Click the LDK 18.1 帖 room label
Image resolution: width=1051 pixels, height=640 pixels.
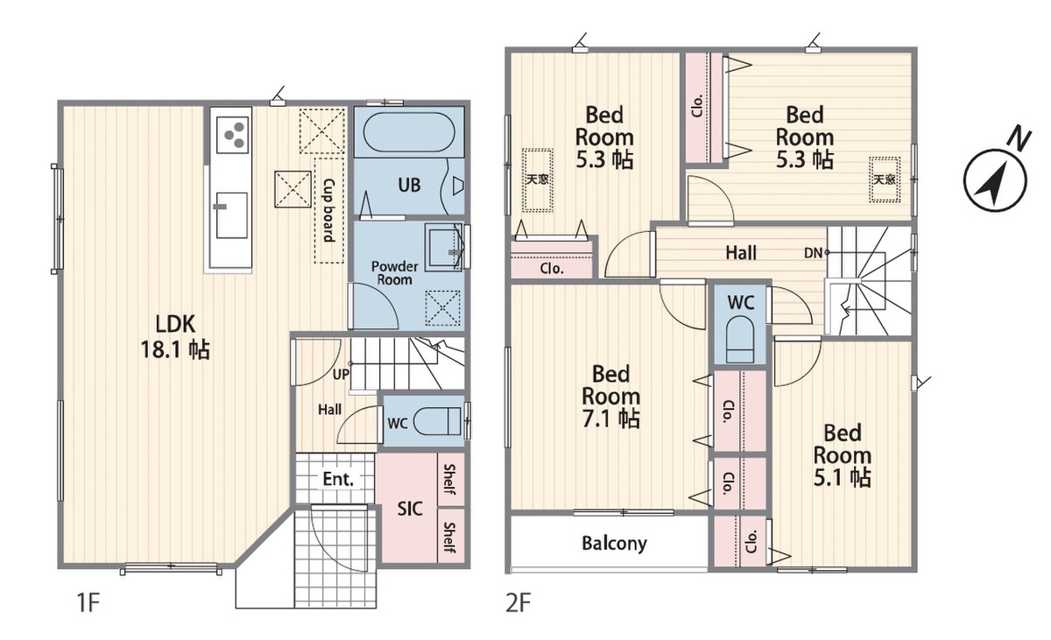175,337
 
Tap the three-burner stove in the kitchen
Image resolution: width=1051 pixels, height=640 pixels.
233,134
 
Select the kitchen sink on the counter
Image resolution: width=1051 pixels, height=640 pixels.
231,215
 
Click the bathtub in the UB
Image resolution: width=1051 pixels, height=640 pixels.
409,131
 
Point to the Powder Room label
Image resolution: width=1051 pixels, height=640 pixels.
395,273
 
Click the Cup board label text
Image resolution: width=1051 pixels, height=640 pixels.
329,210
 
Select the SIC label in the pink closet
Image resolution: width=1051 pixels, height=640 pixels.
410,509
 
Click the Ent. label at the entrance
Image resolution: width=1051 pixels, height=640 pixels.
338,479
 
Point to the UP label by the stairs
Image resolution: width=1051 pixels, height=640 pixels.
341,374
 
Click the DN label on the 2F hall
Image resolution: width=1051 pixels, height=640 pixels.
813,253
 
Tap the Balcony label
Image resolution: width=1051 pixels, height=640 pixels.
614,543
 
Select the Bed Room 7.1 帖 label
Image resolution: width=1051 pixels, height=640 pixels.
611,397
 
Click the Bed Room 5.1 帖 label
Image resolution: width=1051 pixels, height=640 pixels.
843,455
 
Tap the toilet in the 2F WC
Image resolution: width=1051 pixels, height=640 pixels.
739,339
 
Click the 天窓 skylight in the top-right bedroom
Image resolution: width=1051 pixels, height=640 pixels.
884,179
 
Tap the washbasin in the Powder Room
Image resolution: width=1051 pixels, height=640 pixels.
443,248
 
